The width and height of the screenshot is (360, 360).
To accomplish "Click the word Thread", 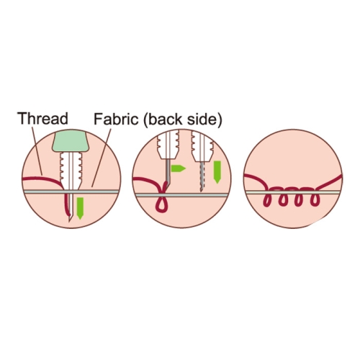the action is pyautogui.click(x=43, y=118).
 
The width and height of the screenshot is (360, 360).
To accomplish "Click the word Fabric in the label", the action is pyautogui.click(x=116, y=119).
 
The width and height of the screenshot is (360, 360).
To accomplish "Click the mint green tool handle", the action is pyautogui.click(x=71, y=142).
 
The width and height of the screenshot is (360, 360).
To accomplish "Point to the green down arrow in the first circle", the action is pyautogui.click(x=80, y=208).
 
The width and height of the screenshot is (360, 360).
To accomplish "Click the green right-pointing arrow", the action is pyautogui.click(x=178, y=168).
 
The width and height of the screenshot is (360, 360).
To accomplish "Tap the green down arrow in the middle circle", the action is pyautogui.click(x=217, y=172).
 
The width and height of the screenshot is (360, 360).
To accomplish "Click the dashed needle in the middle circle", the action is pyautogui.click(x=202, y=176).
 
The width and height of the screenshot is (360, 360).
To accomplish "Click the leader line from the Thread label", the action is pyautogui.click(x=37, y=150).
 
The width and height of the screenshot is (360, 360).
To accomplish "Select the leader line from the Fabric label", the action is pyautogui.click(x=101, y=158).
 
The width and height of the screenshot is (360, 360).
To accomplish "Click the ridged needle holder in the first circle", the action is pyautogui.click(x=71, y=171).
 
